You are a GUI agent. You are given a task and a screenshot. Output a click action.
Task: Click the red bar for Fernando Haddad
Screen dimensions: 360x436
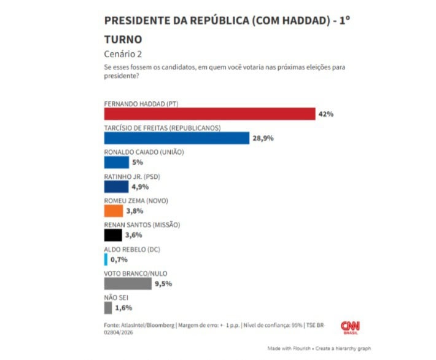point(209,114)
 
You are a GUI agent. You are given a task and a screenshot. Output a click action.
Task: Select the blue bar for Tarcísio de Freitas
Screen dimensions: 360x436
point(177,138)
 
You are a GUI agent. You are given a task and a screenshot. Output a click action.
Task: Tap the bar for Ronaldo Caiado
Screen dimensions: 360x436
point(117,162)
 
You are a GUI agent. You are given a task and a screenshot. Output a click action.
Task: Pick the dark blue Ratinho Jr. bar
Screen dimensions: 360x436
point(116,187)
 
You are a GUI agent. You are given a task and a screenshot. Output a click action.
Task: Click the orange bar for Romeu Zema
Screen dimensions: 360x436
point(114,211)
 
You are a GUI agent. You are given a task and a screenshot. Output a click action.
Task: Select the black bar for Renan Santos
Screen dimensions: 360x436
point(113,235)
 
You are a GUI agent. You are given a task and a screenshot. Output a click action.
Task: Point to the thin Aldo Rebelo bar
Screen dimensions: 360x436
point(106,259)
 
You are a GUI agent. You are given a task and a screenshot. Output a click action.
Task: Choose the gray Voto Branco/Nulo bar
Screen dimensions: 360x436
point(128,283)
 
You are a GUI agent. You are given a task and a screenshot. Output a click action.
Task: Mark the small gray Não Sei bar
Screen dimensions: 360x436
point(108,307)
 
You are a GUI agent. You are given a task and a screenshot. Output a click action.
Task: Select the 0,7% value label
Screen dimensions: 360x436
point(119,260)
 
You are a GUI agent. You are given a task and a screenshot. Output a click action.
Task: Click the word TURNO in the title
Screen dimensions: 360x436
point(123,39)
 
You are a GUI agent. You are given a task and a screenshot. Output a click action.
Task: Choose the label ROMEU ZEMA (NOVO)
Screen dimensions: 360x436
point(136,200)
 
